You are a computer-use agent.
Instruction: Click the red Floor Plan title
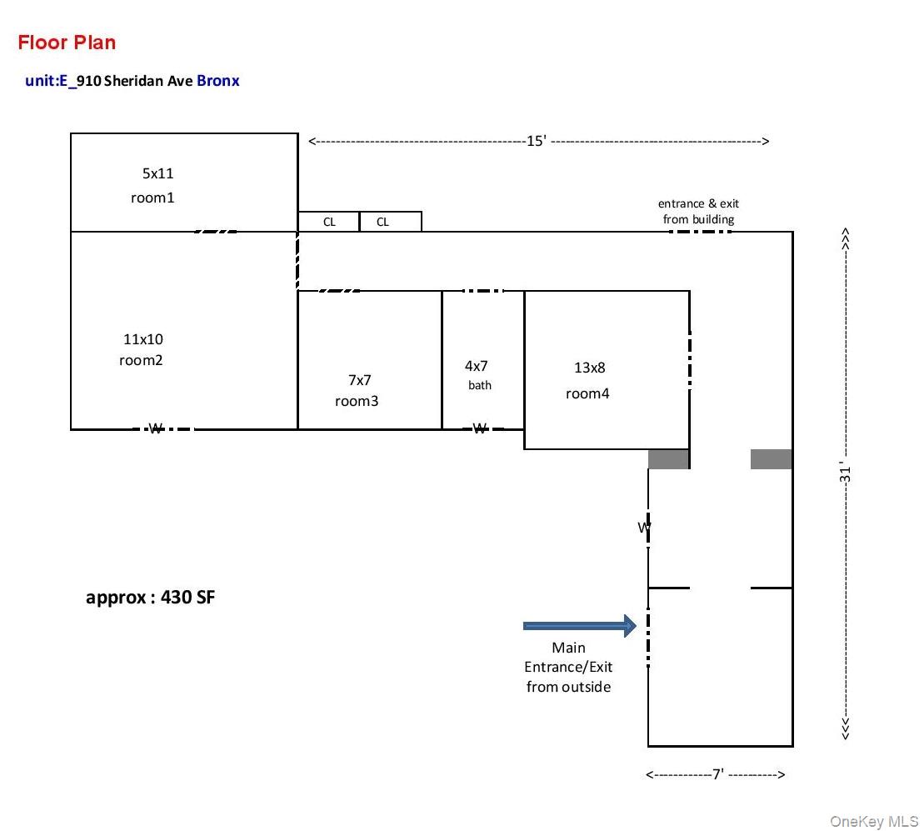coord(67,43)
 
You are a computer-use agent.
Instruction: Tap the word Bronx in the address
coord(218,81)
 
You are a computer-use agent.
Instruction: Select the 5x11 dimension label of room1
coord(158,173)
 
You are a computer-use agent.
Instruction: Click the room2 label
coord(141,360)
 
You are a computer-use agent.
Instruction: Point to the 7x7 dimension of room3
coord(359,380)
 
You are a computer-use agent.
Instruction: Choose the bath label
coord(480,385)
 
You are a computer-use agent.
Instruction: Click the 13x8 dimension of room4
coord(589,368)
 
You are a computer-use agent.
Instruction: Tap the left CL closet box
coord(329,222)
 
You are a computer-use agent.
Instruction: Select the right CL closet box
coord(390,222)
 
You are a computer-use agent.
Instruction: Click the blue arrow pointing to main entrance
coord(580,626)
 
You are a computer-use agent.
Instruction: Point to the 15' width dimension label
coord(537,141)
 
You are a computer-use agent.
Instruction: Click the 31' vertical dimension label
coord(845,473)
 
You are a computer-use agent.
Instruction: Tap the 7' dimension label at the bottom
coord(717,773)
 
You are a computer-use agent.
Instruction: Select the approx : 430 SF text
coord(150,598)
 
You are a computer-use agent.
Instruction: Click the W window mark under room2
coord(156,428)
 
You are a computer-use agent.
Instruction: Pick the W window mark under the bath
coord(480,428)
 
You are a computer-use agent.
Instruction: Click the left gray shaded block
coord(668,459)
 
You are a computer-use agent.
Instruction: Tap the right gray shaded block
coord(771,459)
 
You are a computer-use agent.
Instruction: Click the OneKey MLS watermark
coord(874,821)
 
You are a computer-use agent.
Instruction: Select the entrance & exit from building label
coord(698,211)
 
